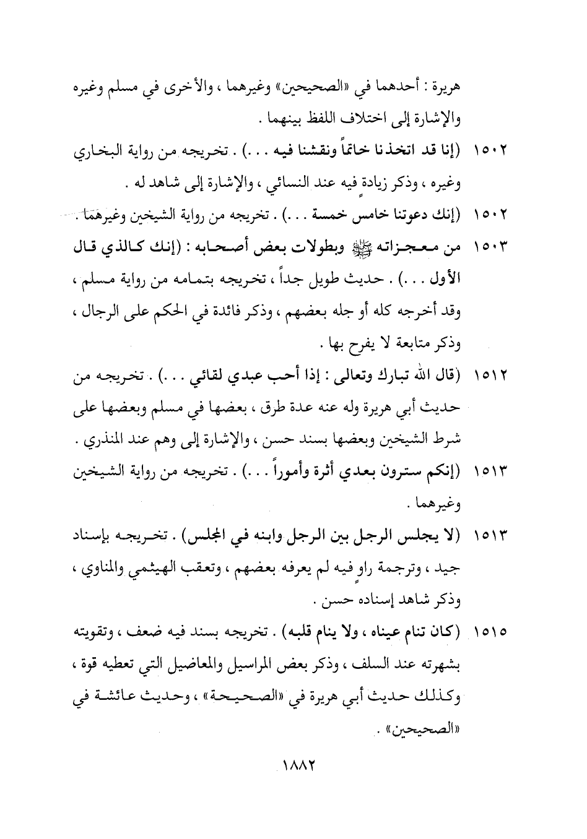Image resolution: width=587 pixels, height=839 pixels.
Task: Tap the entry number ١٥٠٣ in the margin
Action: click(490, 248)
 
